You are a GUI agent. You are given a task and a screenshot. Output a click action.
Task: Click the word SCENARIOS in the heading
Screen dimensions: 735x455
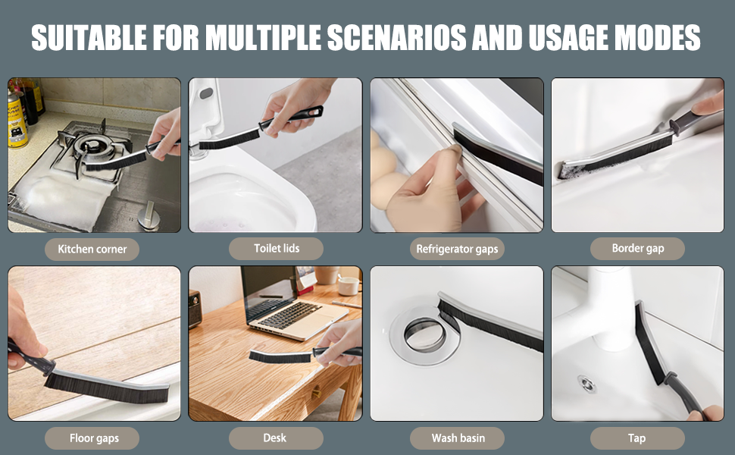pos(396,37)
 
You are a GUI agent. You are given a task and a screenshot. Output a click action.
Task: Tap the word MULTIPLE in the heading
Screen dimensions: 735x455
pos(263,37)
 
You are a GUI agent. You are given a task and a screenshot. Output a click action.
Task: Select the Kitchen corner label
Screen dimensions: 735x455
pos(92,249)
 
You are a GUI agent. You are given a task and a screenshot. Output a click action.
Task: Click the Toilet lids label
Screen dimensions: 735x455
pos(276,248)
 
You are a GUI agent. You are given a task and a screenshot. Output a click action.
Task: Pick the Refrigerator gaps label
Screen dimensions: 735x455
pos(457,249)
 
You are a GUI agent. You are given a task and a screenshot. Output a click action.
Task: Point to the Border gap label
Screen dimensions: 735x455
pos(637,248)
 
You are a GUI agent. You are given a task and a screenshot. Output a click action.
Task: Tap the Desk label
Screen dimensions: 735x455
pos(276,438)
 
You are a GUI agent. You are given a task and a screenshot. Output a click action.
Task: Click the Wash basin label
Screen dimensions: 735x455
pos(457,438)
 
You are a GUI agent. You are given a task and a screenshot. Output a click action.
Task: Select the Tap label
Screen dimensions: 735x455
pos(637,438)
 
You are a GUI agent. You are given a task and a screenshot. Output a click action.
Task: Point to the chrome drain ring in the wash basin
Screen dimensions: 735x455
pos(424,334)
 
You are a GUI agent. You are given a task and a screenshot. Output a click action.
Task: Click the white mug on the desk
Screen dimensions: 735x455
pos(349,286)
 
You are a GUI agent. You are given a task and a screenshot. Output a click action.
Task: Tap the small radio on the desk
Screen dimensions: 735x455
pos(195,309)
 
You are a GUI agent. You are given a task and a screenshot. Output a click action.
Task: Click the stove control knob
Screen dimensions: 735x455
pos(149,216)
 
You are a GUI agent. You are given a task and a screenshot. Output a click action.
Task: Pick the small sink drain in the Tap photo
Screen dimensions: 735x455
pos(586,383)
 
